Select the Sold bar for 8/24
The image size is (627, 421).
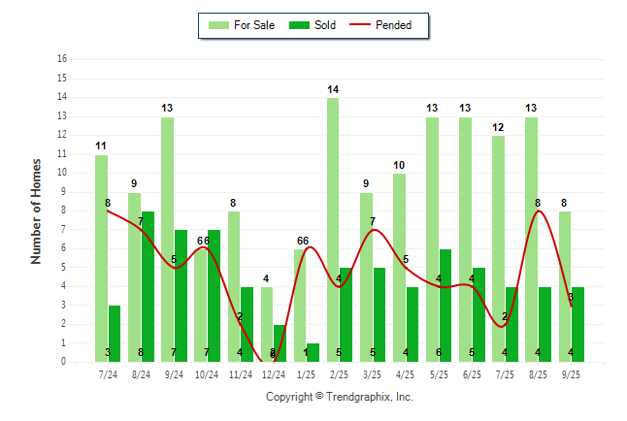pyautogui.click(x=148, y=286)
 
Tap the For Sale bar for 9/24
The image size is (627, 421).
pyautogui.click(x=168, y=239)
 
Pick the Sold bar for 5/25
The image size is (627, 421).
pyautogui.click(x=445, y=305)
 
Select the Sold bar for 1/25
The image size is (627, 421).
pyautogui.click(x=313, y=352)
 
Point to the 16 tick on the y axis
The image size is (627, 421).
pyautogui.click(x=62, y=59)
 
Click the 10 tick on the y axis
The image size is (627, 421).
pyautogui.click(x=62, y=173)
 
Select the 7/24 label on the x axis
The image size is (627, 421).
pyautogui.click(x=109, y=372)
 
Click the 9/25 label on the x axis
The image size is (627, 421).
pyautogui.click(x=571, y=372)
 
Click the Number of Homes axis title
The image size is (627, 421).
pyautogui.click(x=36, y=210)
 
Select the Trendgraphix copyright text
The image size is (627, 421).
pyautogui.click(x=340, y=397)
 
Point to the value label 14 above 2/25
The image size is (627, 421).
pyautogui.click(x=333, y=89)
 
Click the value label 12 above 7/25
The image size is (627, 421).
pyautogui.click(x=498, y=127)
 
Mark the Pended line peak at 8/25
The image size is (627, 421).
pyautogui.click(x=538, y=210)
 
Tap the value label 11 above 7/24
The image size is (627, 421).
pyautogui.click(x=101, y=146)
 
